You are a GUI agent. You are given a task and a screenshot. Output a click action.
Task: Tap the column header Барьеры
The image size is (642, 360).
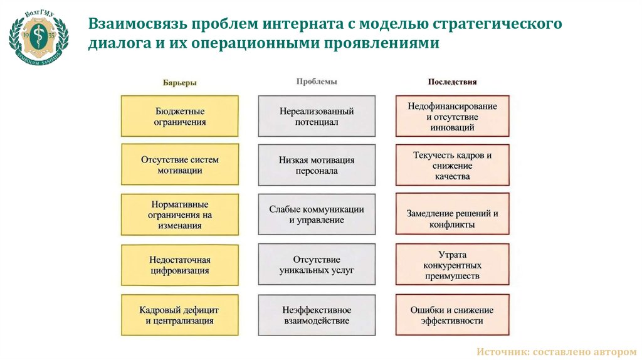pyautogui.click(x=180, y=82)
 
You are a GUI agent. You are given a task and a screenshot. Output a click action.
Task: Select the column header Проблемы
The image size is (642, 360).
pyautogui.click(x=317, y=82)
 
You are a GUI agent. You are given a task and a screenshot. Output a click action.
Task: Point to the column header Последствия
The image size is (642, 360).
pyautogui.click(x=452, y=82)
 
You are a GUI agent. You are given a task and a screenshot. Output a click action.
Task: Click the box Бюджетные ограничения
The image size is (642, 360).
pyautogui.click(x=180, y=116)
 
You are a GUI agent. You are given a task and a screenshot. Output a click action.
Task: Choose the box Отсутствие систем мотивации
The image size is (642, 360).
pyautogui.click(x=180, y=165)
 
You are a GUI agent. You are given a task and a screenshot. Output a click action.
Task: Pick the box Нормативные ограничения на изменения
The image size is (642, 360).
pyautogui.click(x=180, y=214)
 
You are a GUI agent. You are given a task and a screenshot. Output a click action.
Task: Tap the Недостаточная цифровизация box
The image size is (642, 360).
pyautogui.click(x=180, y=265)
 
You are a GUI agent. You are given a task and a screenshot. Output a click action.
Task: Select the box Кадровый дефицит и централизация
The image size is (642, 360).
pyautogui.click(x=180, y=315)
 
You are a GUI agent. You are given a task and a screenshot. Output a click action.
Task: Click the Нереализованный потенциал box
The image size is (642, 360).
pyautogui.click(x=317, y=116)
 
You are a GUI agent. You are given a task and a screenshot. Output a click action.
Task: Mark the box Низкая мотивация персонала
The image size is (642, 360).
pyautogui.click(x=317, y=165)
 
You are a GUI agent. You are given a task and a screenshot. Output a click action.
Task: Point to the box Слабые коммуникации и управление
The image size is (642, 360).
pyautogui.click(x=317, y=214)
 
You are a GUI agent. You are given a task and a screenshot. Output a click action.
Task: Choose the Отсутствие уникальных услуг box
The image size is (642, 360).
pyautogui.click(x=317, y=265)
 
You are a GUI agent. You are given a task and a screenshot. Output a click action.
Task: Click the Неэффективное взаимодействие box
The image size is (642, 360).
pyautogui.click(x=317, y=315)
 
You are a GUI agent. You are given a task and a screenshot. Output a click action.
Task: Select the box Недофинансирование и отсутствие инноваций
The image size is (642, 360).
pyautogui.click(x=452, y=116)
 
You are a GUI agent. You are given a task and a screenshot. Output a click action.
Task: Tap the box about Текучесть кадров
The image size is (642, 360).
pyautogui.click(x=452, y=165)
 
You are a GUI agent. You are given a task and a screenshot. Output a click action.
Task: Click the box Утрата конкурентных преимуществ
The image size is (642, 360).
pyautogui.click(x=452, y=265)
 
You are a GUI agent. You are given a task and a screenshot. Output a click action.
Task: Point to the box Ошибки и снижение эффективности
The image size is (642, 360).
pyautogui.click(x=452, y=315)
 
